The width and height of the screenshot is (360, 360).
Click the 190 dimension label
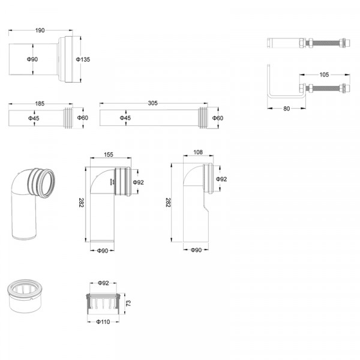[x=41, y=30]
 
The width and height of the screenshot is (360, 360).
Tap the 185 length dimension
[x=40, y=104]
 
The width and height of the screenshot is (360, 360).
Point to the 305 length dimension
[x=152, y=103]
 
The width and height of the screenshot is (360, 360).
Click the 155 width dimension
[x=109, y=155]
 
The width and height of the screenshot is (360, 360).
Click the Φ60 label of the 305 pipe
[x=218, y=118]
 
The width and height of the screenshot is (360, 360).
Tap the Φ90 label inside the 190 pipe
[x=33, y=59]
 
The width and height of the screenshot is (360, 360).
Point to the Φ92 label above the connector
[x=103, y=283]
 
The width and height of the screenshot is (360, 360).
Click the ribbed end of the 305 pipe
[x=208, y=118]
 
